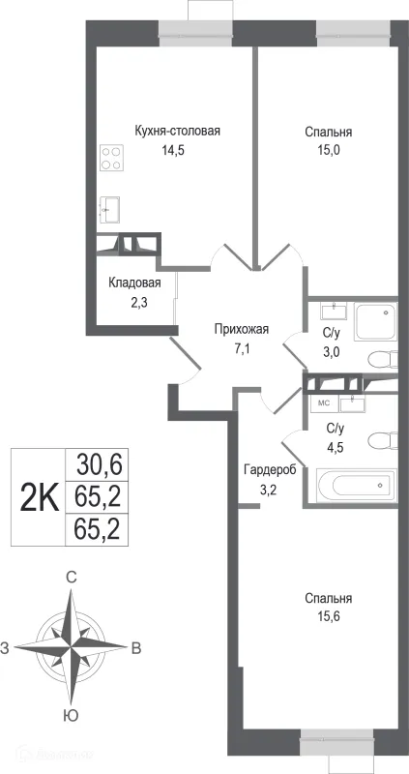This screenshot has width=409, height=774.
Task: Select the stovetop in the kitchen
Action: pos(111,158)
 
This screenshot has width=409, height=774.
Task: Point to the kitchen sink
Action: pos(109,207)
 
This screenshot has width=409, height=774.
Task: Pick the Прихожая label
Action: pos(241,329)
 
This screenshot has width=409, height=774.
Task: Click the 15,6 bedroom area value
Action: pos(326,615)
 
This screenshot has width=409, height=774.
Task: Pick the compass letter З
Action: pos(8,646)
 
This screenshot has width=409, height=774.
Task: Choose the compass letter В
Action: pos(136,646)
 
